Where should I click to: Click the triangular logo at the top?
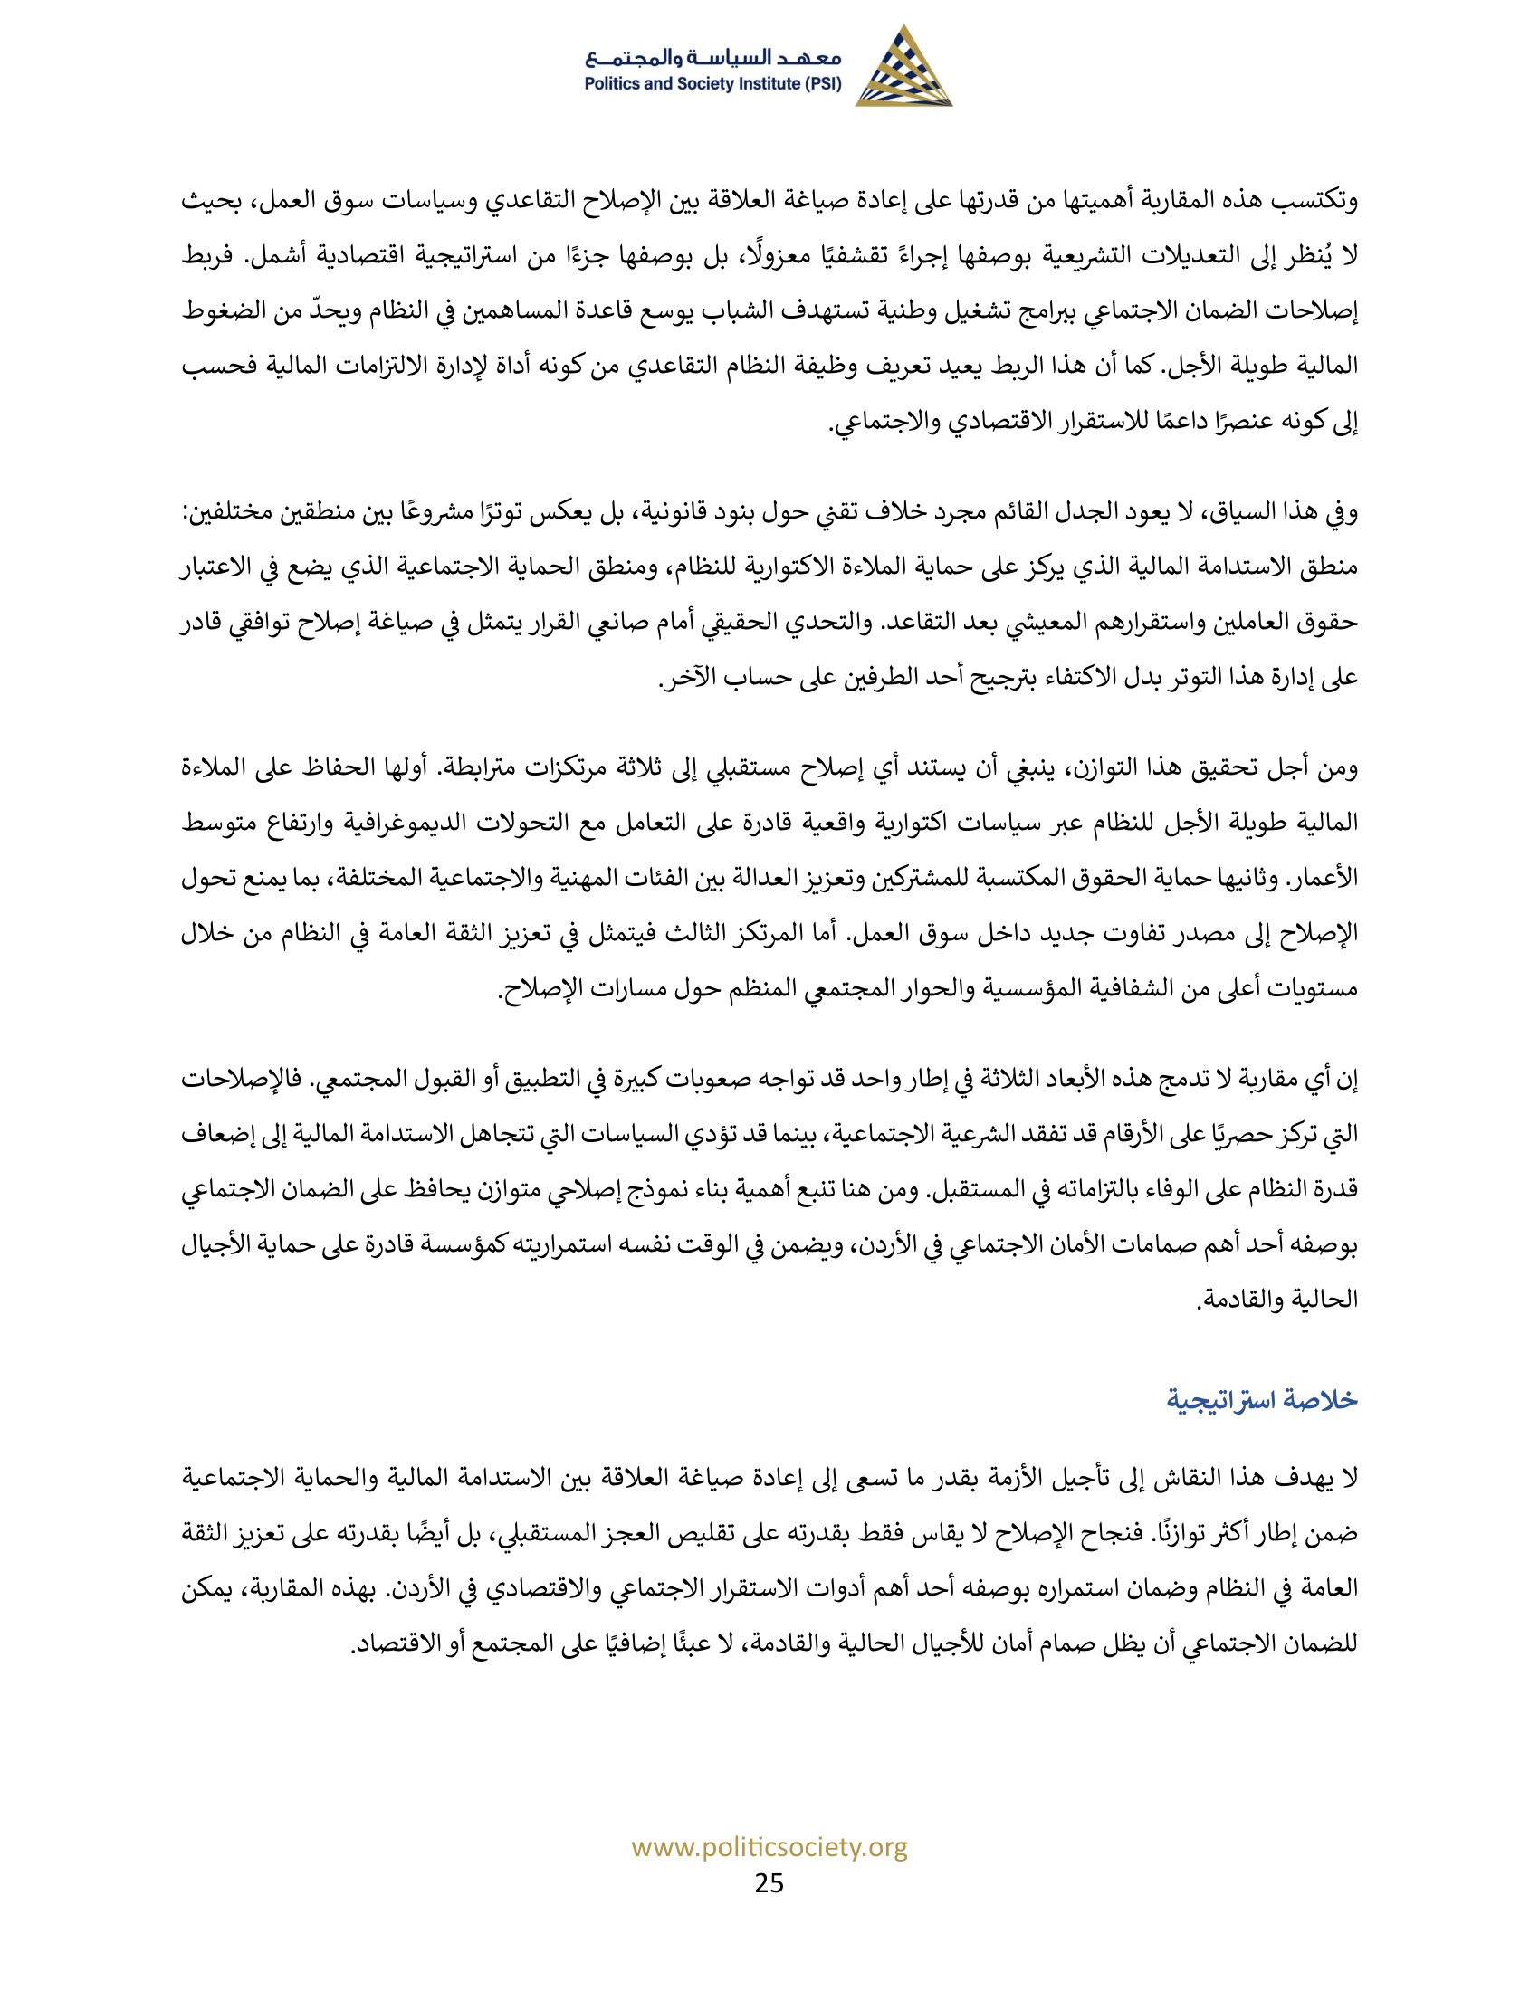click(x=903, y=68)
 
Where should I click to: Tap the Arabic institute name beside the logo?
click(x=714, y=59)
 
